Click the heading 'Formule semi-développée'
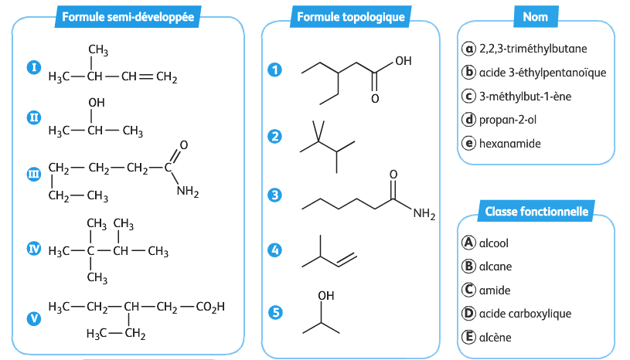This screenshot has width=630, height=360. tap(128, 16)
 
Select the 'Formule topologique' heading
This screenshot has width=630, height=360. tap(340, 16)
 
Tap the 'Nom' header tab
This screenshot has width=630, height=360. tap(535, 16)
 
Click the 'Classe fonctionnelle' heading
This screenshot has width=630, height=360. tap(536, 212)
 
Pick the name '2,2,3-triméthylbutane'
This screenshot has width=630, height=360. tap(533, 49)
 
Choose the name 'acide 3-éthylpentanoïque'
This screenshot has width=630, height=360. tap(541, 73)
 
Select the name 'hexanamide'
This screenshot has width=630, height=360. tap(509, 144)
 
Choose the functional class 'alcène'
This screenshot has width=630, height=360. tap(495, 337)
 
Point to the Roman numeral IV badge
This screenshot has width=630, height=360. tap(33, 249)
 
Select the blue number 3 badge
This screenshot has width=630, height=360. tap(274, 195)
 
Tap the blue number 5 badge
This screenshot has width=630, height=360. tap(274, 312)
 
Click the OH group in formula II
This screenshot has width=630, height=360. tap(97, 102)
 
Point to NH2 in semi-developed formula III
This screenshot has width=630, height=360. tap(188, 192)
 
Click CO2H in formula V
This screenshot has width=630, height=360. tap(210, 307)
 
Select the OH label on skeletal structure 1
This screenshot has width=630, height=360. tap(403, 61)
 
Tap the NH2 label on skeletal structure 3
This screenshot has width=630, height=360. tap(424, 214)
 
